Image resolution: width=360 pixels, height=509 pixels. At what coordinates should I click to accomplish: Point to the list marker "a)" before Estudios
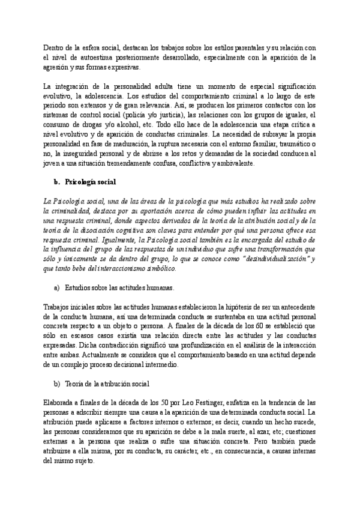(58, 288)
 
